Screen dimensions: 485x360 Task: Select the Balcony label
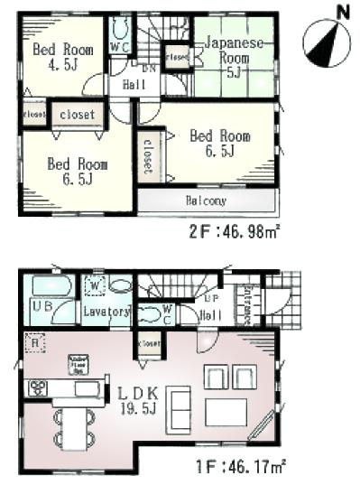pos(207,201)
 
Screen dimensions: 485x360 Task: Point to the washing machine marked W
pos(96,288)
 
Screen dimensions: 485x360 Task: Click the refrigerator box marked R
pos(33,344)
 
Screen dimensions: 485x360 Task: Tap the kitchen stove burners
pos(39,389)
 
